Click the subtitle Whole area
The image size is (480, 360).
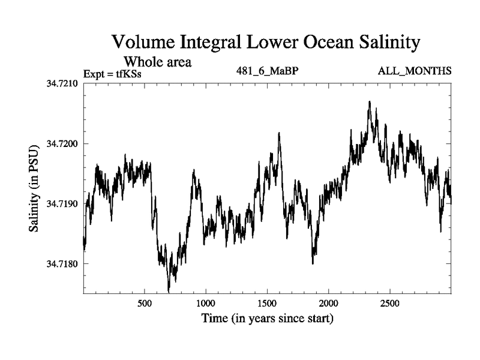(x=157, y=61)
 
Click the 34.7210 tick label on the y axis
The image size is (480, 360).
(x=62, y=83)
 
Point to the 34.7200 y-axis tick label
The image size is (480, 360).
(x=62, y=143)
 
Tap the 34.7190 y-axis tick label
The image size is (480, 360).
(x=62, y=204)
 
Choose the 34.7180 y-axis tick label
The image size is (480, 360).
(x=62, y=264)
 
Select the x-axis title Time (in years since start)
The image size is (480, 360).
(x=267, y=318)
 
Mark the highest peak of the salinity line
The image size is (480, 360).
(x=370, y=102)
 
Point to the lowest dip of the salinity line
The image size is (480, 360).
(x=169, y=291)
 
